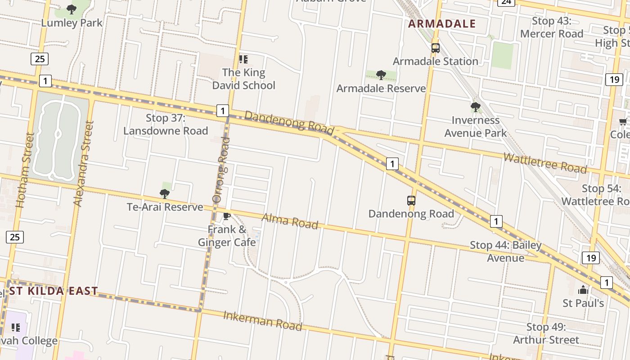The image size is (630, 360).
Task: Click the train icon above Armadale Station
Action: tap(435, 48)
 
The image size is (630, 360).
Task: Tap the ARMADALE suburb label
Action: tap(442, 24)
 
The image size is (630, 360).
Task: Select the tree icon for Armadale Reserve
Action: tap(381, 75)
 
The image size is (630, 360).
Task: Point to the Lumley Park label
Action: tap(72, 22)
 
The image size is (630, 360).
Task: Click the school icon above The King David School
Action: tap(243, 59)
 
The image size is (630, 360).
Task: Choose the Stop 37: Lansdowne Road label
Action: tap(166, 124)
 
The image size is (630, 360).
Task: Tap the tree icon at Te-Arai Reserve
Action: tap(165, 194)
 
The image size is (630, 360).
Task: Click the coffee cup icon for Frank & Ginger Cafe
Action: tap(227, 216)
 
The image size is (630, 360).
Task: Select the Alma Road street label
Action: tap(290, 221)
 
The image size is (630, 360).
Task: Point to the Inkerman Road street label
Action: tap(262, 320)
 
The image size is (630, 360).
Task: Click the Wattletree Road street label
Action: tap(545, 163)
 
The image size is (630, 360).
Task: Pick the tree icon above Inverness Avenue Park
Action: tap(475, 107)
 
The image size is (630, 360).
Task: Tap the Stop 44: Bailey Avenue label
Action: tap(506, 252)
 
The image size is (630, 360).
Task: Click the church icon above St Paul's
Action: tap(583, 289)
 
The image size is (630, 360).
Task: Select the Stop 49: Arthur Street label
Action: tap(546, 333)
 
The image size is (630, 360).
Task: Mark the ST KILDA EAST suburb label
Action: tap(54, 291)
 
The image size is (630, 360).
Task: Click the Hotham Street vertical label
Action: tap(25, 170)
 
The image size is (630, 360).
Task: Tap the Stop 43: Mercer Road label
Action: tap(552, 27)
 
